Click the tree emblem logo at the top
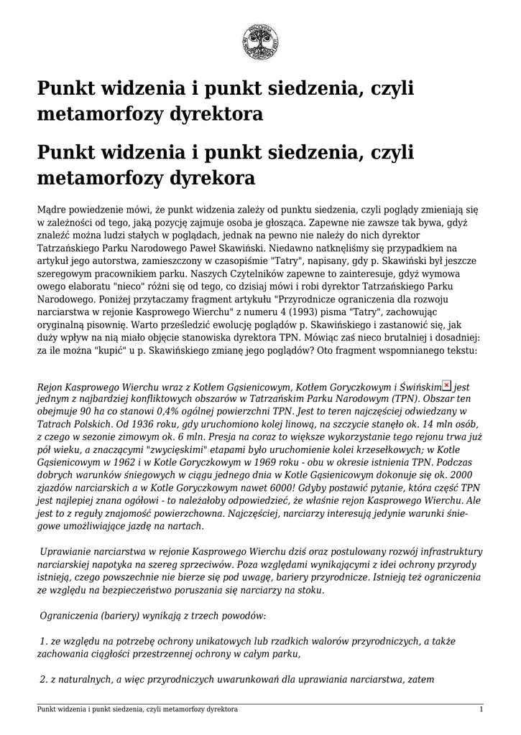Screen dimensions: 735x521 (260, 42)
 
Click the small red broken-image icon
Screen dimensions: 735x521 (446, 385)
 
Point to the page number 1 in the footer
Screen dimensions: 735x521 (481, 709)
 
